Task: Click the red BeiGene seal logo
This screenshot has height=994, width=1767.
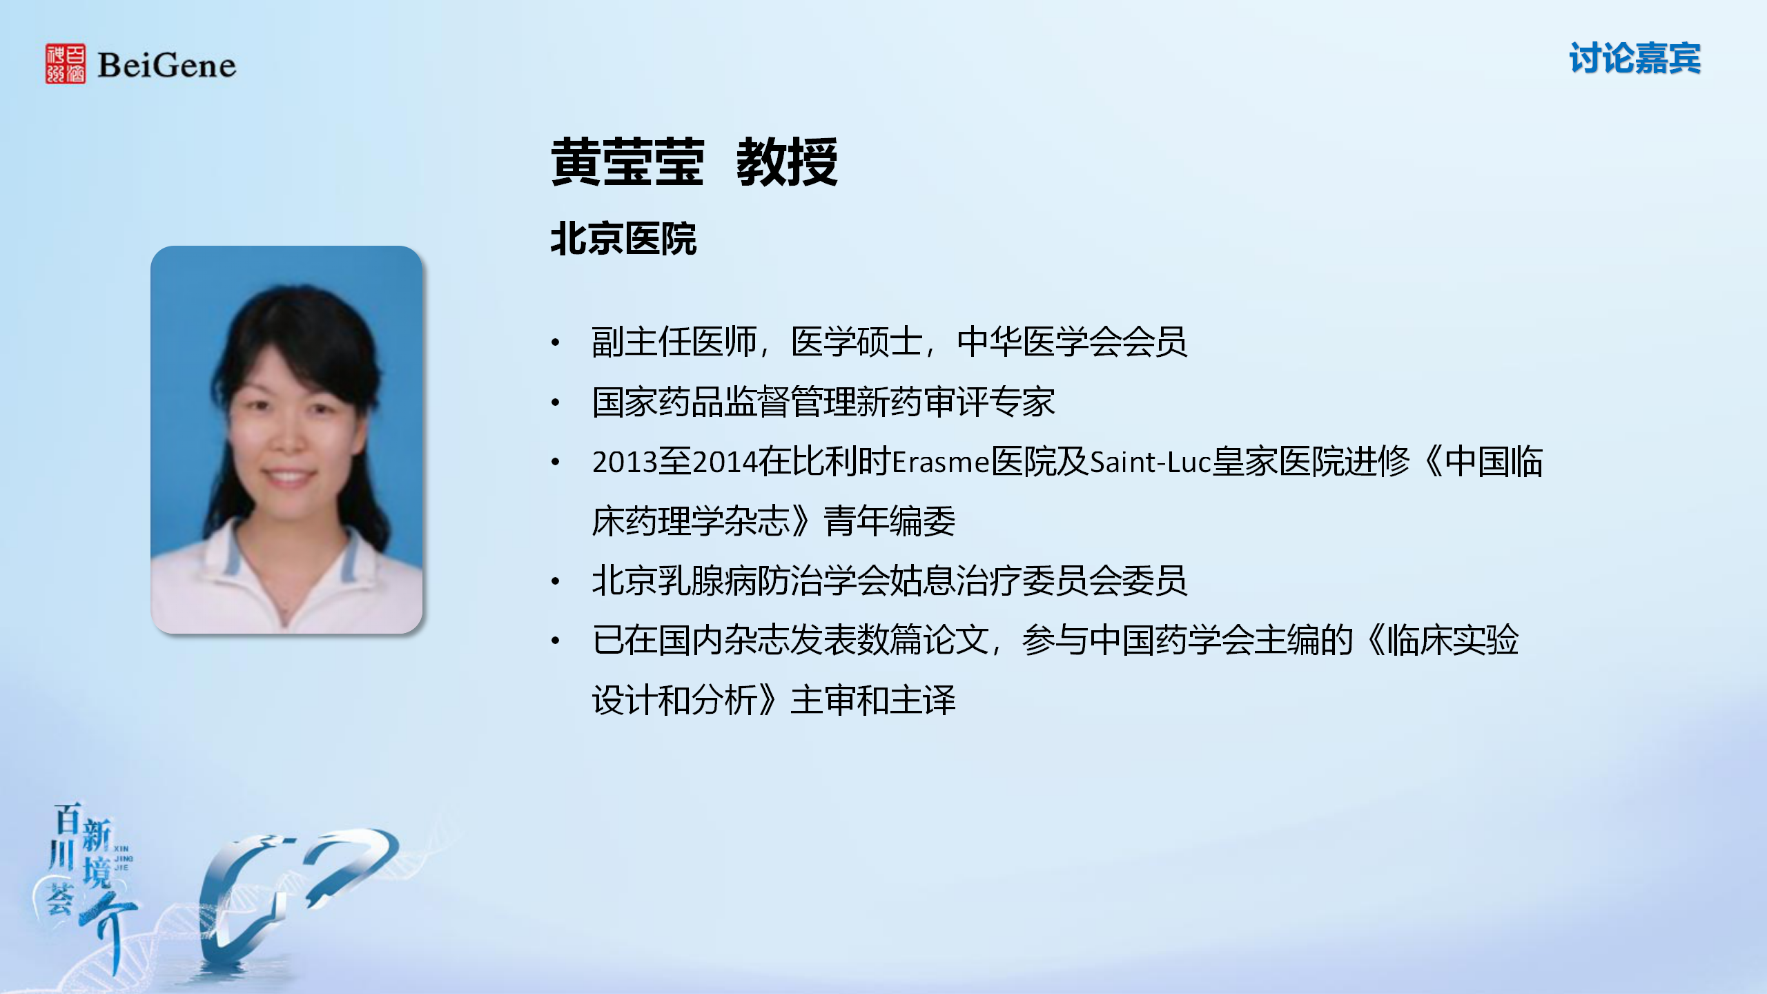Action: coord(66,64)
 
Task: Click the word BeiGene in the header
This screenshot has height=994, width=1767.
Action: coord(166,66)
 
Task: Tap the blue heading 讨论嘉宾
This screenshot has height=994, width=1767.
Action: coord(1634,58)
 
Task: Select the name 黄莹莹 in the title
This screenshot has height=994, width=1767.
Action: coord(627,162)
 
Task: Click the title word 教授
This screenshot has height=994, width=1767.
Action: coord(787,162)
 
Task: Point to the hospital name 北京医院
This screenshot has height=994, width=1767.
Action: coord(623,240)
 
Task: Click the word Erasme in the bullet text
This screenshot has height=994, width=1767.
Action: coord(941,462)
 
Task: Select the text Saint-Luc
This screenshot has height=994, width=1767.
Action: coord(1151,462)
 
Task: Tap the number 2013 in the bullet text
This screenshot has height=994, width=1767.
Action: coord(625,462)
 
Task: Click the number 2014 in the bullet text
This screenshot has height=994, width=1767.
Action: coord(725,462)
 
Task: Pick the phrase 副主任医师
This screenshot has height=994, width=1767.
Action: coord(674,342)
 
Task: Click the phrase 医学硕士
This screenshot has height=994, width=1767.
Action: coord(857,342)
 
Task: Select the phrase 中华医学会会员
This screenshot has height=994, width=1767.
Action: coord(1072,342)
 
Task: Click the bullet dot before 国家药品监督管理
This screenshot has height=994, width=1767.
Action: coord(556,402)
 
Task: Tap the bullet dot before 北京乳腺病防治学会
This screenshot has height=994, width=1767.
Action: coord(556,581)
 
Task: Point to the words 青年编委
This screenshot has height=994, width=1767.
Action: coord(890,521)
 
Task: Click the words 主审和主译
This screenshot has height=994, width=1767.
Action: coord(873,700)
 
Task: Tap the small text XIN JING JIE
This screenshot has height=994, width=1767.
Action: coord(122,858)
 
